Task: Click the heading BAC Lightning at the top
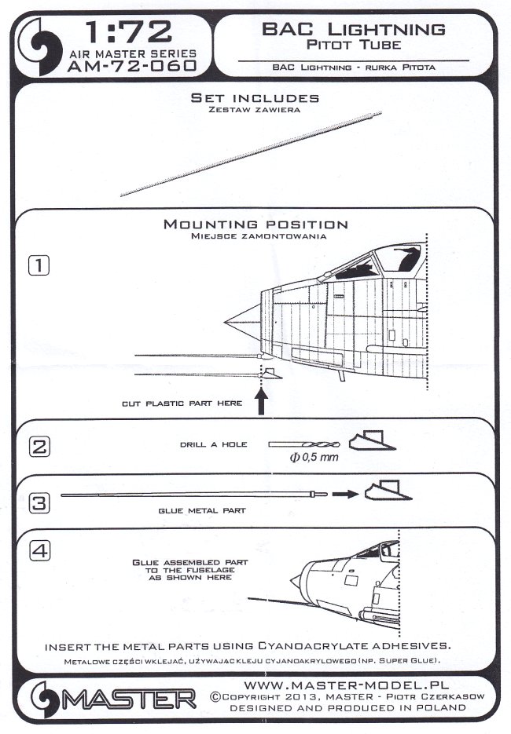352,30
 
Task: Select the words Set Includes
255,98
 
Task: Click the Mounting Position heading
255,225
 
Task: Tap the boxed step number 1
39,265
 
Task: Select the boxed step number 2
39,447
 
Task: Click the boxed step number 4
39,551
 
